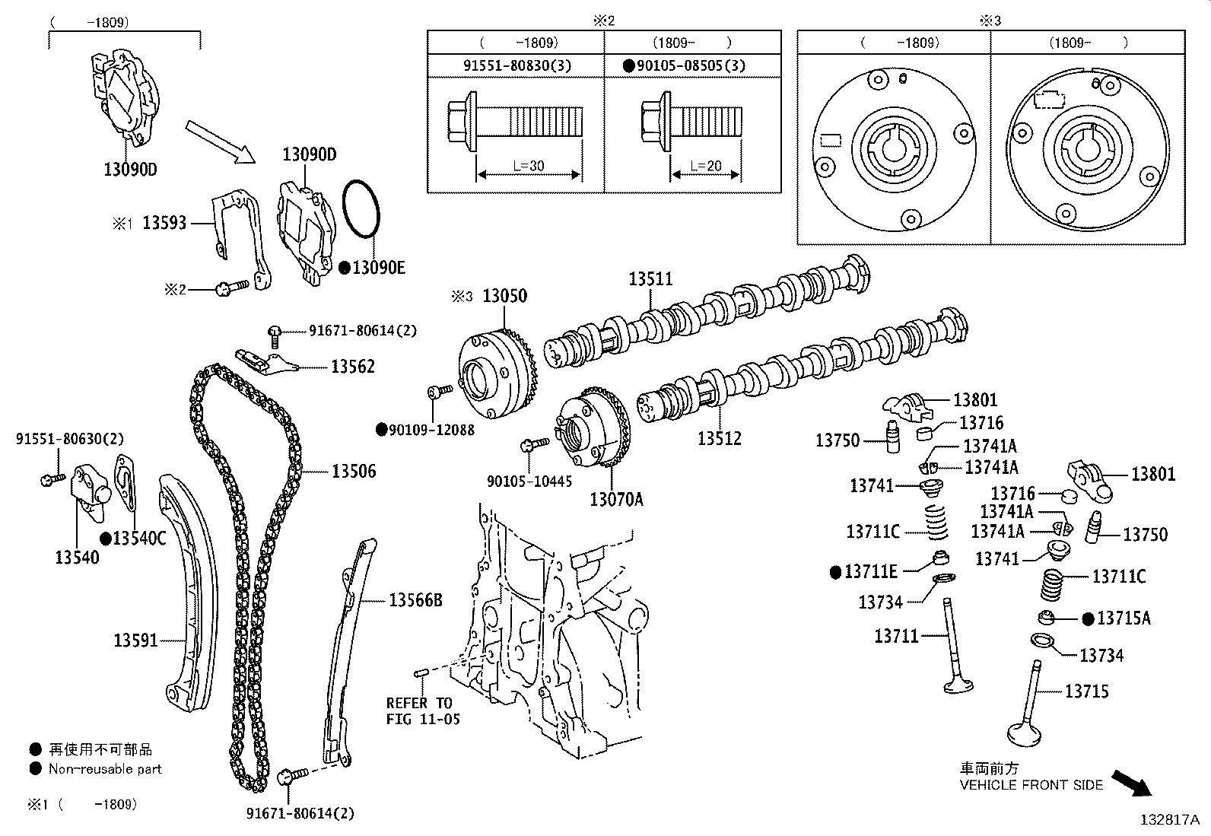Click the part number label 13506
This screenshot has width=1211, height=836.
(x=354, y=472)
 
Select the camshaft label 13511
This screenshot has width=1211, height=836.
(x=650, y=279)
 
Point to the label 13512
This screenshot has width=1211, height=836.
(x=719, y=439)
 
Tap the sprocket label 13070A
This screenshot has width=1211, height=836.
(x=616, y=500)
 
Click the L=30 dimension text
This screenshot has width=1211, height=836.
(x=528, y=166)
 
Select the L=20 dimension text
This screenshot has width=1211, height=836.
(x=705, y=166)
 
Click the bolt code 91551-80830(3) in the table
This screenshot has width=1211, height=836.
(x=517, y=66)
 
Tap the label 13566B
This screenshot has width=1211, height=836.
(x=415, y=601)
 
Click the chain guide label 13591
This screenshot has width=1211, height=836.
(x=136, y=641)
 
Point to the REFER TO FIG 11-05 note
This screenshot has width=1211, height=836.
(x=422, y=711)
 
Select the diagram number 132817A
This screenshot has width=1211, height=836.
(x=1169, y=820)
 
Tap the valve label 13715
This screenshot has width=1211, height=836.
(x=1086, y=691)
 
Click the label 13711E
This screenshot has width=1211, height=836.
(x=870, y=571)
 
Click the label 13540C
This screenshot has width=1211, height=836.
(x=138, y=539)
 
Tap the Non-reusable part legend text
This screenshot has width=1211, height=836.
(x=105, y=769)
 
